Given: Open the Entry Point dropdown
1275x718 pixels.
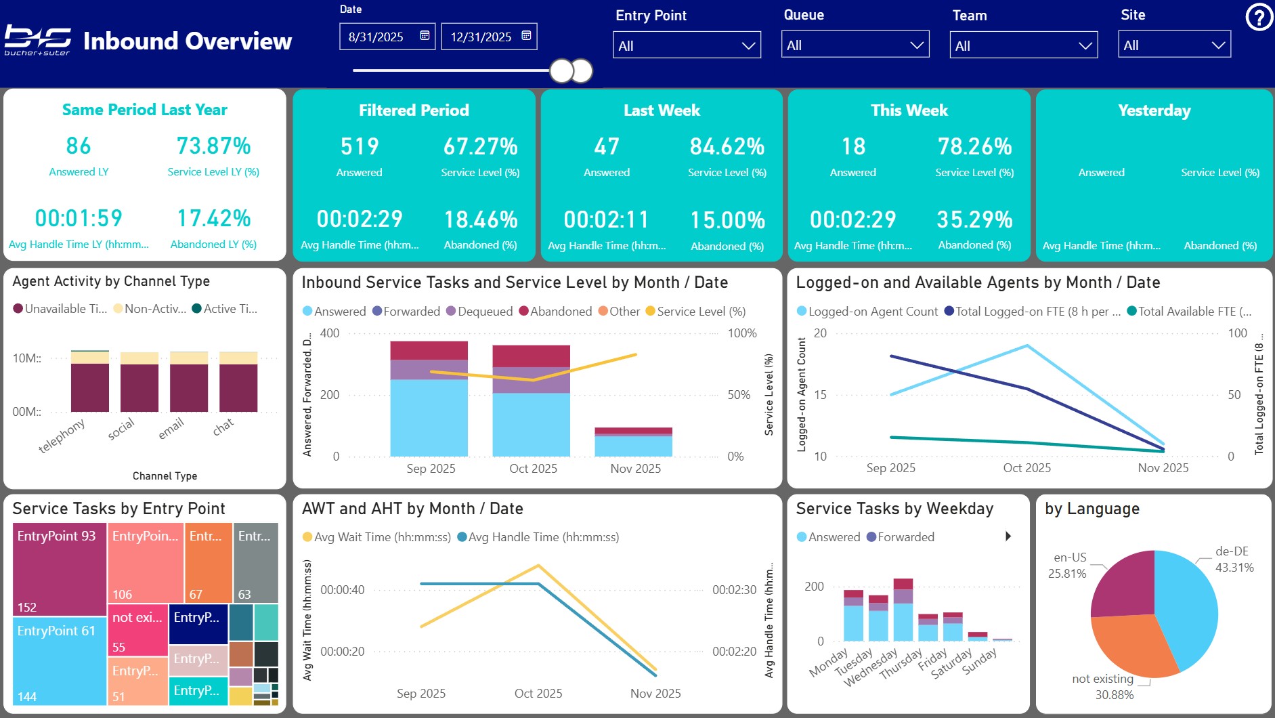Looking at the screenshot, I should (x=687, y=45).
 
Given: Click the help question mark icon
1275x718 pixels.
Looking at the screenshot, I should (x=1259, y=18).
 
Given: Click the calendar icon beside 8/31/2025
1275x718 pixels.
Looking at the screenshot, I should (x=425, y=36).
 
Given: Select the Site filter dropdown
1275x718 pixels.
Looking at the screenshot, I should (x=1174, y=45).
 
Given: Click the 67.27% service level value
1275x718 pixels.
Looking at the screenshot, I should (x=480, y=146).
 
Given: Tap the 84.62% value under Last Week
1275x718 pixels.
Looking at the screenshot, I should (x=727, y=146).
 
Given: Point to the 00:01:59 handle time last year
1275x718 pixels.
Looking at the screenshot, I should (x=79, y=218).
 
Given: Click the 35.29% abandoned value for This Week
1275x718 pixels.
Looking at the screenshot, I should (x=974, y=219).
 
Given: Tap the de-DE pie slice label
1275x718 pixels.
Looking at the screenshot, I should (x=1232, y=551).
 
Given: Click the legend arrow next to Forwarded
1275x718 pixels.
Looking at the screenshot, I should (x=1008, y=536).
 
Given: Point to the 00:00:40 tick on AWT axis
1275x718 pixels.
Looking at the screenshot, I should (x=342, y=590).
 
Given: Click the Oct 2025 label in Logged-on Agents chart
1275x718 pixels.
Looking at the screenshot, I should (x=1027, y=468).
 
